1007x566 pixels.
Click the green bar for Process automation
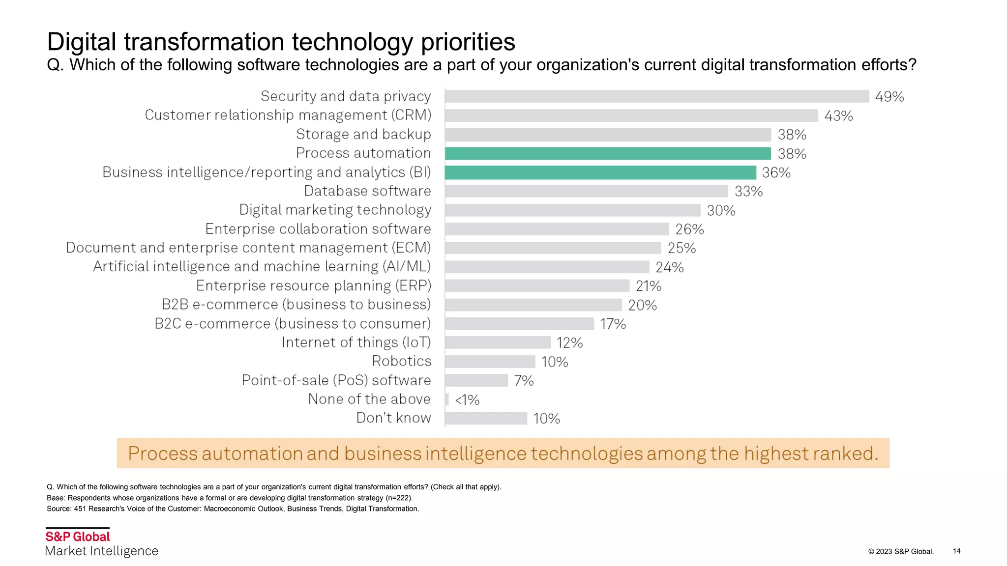[x=608, y=154]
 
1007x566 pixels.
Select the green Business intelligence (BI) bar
[x=600, y=172]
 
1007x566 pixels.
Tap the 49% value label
[x=889, y=97]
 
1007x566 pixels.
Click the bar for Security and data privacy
[x=657, y=96]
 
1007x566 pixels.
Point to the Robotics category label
[x=401, y=361]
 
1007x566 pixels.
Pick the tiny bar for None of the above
[x=447, y=399]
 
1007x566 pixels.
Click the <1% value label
[x=467, y=400]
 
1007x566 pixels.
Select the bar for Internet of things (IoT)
[x=498, y=342]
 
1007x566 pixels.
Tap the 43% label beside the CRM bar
[x=838, y=116]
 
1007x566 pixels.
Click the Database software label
[x=367, y=191]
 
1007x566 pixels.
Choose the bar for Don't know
[x=486, y=419]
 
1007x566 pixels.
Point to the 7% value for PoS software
[x=524, y=381]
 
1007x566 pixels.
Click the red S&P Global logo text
[x=78, y=537]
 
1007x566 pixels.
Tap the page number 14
[x=956, y=551]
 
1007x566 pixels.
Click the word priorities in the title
[x=468, y=42]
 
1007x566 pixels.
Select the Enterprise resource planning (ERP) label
[x=313, y=286]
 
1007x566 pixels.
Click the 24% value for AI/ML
[x=669, y=267]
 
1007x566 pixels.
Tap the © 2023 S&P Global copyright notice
[x=900, y=552]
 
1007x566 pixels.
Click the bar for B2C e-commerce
[x=520, y=324]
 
